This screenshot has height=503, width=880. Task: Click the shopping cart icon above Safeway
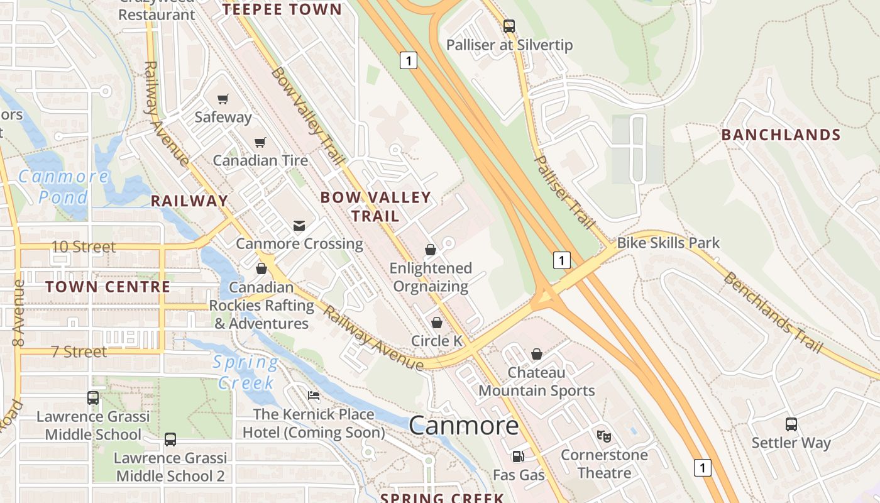coord(223,99)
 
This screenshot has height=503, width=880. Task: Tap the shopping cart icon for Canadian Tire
coord(260,143)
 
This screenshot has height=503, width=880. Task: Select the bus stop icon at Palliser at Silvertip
coord(509,26)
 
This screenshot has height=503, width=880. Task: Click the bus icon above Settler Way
coord(791,424)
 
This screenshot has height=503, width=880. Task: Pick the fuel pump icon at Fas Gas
coord(518,456)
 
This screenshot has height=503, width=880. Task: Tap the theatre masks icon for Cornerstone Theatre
coord(603,436)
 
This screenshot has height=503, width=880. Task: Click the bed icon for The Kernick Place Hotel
coord(314,395)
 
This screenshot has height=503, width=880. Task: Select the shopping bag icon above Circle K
coord(437,323)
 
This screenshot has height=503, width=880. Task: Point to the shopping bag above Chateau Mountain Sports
coord(537,354)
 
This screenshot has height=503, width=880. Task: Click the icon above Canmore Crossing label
coord(299,225)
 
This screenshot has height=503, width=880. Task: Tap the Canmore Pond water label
coord(63,187)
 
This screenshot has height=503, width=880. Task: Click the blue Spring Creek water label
coord(246,372)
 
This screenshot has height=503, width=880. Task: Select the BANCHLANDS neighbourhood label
coord(781,135)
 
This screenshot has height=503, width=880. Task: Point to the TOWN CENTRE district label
coord(108,287)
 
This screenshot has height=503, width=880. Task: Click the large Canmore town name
coord(464,426)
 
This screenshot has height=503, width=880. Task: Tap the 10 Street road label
coord(84,247)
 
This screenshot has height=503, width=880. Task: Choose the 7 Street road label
coord(79,352)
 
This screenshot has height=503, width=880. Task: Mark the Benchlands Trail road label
coord(773,312)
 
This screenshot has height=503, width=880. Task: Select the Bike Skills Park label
coord(668,243)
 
